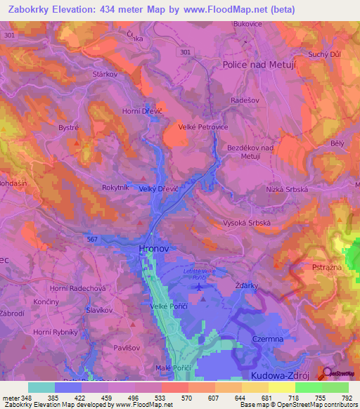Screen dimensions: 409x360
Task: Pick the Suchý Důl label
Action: point(325,54)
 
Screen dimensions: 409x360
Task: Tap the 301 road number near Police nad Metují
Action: point(185,52)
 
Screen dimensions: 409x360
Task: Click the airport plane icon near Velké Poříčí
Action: point(199,286)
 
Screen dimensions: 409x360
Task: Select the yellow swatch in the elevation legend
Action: point(281,387)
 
